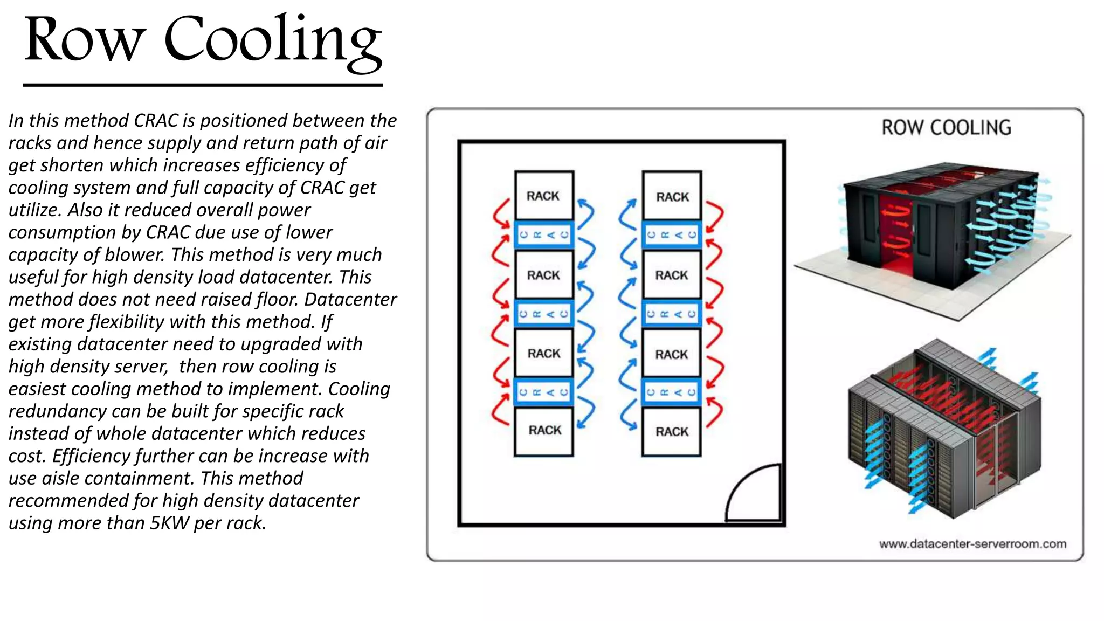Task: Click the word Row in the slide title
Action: (85, 40)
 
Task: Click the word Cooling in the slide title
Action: (272, 40)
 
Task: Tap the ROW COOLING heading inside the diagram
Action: (946, 128)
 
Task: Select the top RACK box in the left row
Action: (543, 196)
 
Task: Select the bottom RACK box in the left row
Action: (544, 431)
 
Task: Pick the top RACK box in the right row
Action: (672, 196)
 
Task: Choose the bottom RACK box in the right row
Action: (672, 432)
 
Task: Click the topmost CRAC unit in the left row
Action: (543, 235)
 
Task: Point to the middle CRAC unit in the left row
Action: (543, 314)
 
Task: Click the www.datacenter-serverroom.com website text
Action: (972, 544)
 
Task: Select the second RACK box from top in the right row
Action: (672, 275)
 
